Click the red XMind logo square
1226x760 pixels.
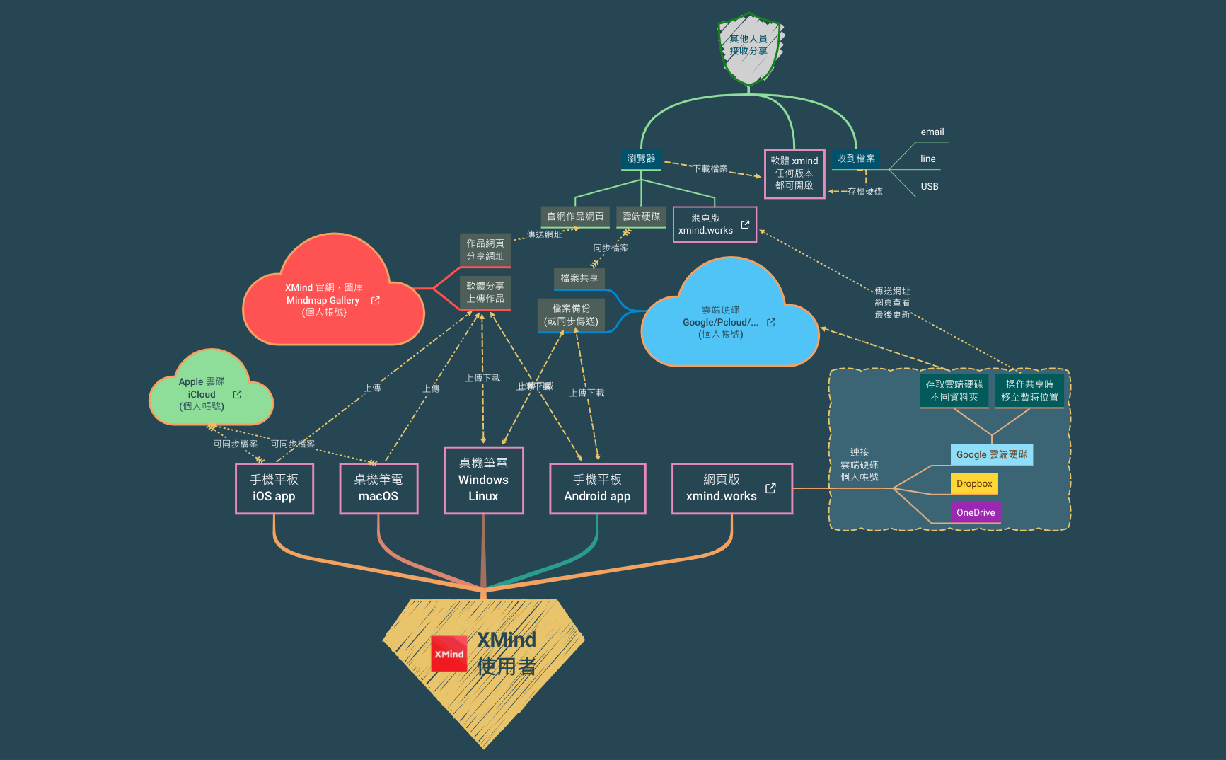tap(449, 654)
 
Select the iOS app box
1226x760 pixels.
tap(274, 488)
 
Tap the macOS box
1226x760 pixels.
tap(378, 488)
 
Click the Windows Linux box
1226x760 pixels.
tap(483, 480)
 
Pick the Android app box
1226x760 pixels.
tap(597, 488)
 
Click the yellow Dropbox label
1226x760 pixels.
tap(974, 484)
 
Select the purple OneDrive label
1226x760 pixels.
tap(976, 512)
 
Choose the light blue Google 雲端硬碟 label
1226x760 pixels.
tap(991, 454)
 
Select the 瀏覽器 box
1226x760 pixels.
tap(641, 159)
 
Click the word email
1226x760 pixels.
tap(932, 132)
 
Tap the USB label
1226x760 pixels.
tap(929, 186)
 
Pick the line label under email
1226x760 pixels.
tap(927, 159)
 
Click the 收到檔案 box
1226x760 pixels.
tap(855, 159)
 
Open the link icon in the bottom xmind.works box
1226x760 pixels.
tap(770, 488)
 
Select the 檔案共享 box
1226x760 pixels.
tap(579, 278)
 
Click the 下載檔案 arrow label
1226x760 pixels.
tap(710, 168)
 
